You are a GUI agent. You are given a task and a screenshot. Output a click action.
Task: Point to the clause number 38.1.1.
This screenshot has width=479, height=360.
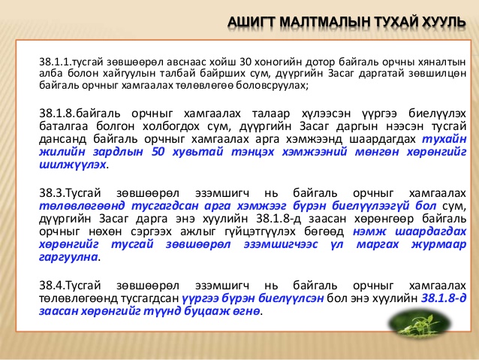click(x=56, y=62)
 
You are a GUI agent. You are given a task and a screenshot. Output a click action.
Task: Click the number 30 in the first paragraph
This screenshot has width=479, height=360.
click(x=246, y=62)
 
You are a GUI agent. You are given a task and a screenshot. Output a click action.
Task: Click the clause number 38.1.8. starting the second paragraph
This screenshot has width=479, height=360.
click(x=57, y=113)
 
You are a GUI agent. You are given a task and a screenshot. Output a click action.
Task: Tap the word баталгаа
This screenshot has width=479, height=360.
click(x=64, y=126)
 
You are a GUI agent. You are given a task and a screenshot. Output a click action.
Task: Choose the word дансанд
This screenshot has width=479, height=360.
click(x=62, y=139)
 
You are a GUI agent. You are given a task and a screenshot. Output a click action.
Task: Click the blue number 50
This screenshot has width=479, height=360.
click(x=158, y=152)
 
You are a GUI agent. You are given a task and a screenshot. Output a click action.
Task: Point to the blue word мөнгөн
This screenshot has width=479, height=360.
click(x=377, y=152)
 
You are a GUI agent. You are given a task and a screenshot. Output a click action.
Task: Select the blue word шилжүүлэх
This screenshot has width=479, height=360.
click(x=73, y=165)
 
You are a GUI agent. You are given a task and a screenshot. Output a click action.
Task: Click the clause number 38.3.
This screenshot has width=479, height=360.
click(x=53, y=193)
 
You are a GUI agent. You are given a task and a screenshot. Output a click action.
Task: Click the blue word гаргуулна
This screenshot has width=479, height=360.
click(x=68, y=257)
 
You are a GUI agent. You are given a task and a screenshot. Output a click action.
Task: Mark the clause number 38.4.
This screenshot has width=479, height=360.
click(x=53, y=286)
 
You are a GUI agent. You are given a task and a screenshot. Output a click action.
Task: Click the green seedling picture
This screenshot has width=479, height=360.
click(x=420, y=323)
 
